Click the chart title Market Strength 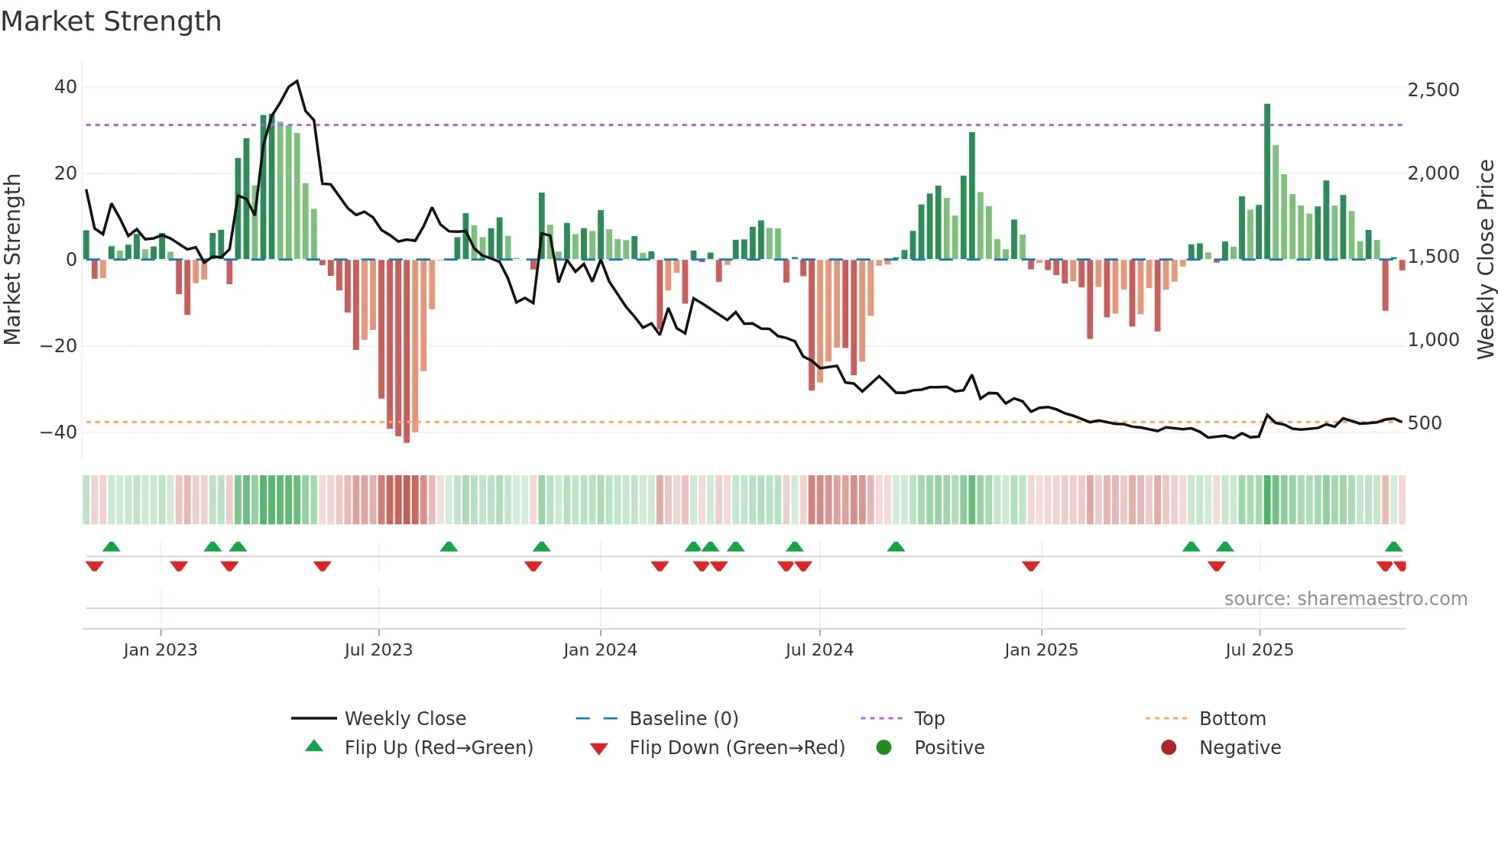pyautogui.click(x=111, y=21)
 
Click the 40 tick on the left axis pyautogui.click(x=65, y=87)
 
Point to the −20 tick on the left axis pyautogui.click(x=59, y=345)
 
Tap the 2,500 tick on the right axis pyautogui.click(x=1433, y=90)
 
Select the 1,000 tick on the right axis pyautogui.click(x=1433, y=340)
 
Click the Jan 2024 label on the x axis pyautogui.click(x=600, y=650)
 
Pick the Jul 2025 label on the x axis pyautogui.click(x=1259, y=650)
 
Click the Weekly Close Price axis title pyautogui.click(x=1485, y=259)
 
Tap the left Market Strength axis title pyautogui.click(x=12, y=259)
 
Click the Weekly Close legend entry pyautogui.click(x=404, y=719)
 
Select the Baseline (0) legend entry pyautogui.click(x=683, y=719)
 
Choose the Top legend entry pyautogui.click(x=929, y=719)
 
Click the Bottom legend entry pyautogui.click(x=1232, y=719)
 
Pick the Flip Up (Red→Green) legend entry pyautogui.click(x=438, y=748)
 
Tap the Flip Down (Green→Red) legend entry pyautogui.click(x=737, y=748)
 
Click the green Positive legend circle pyautogui.click(x=884, y=748)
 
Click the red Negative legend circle pyautogui.click(x=1169, y=748)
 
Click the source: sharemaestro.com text pyautogui.click(x=1345, y=599)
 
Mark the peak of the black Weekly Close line pyautogui.click(x=297, y=81)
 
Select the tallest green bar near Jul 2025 pyautogui.click(x=1267, y=182)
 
